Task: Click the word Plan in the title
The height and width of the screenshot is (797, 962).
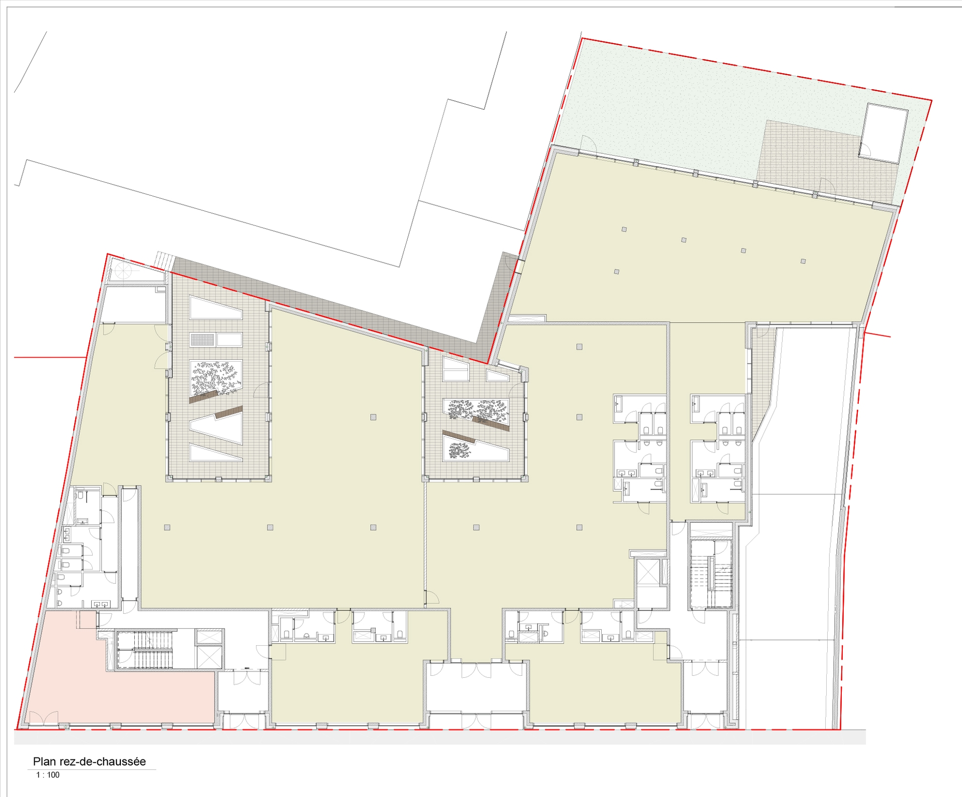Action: (x=44, y=761)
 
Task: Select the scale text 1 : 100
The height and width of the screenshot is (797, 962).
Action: (x=48, y=775)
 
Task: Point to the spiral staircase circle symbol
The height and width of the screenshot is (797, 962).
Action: (x=123, y=271)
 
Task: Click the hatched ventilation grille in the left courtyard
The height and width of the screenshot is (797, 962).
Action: (x=202, y=340)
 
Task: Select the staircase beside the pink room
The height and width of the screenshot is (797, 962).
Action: (x=145, y=650)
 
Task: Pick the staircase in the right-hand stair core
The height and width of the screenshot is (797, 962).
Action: (x=711, y=574)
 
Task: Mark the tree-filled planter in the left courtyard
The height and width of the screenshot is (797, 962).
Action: (x=216, y=378)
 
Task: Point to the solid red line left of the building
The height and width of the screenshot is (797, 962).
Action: (x=50, y=358)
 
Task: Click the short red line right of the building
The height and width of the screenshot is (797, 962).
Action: (x=877, y=335)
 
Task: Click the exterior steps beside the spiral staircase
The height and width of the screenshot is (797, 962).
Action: (x=164, y=261)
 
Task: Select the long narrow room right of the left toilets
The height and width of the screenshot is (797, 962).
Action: (x=129, y=543)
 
